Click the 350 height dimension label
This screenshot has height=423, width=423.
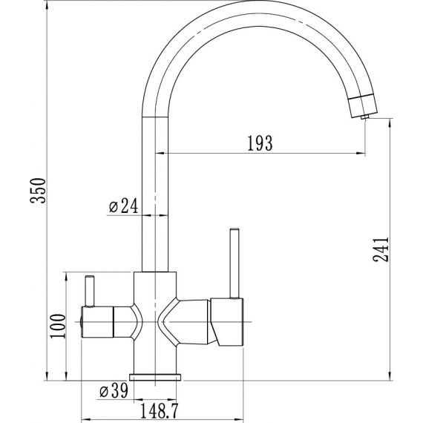38,191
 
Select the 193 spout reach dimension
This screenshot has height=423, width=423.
260,143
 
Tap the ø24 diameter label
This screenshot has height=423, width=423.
123,206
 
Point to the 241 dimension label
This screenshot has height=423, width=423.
381,249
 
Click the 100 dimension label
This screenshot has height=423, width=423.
58,326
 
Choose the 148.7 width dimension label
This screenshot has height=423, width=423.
159,411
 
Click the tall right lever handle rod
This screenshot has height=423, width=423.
235,263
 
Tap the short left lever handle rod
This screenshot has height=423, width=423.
90,291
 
